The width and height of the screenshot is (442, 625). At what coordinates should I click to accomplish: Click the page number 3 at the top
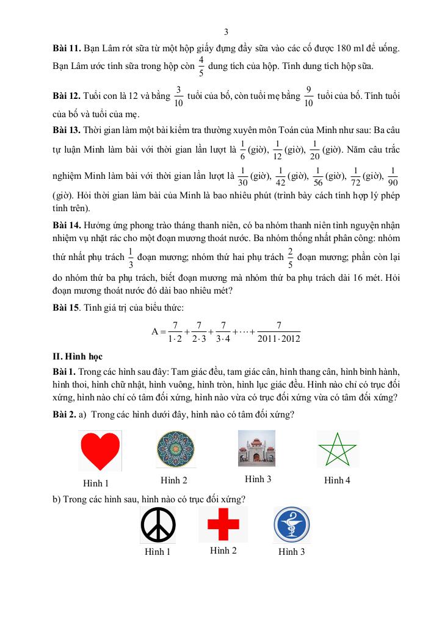coord(226,32)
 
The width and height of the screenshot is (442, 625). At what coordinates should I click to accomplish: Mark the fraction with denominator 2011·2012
coord(279,332)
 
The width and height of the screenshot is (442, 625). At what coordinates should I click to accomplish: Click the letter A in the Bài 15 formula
coord(155,332)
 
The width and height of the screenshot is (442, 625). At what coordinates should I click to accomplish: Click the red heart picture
coord(100,451)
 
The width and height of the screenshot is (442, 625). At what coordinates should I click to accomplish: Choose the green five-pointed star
coord(338,450)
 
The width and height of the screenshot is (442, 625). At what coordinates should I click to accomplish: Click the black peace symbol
coord(158,525)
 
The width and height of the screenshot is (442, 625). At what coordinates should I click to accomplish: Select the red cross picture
coord(223,524)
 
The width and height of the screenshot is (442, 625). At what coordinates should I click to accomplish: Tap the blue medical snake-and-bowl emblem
coord(291,526)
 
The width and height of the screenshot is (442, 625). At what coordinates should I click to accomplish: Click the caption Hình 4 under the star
coord(338,480)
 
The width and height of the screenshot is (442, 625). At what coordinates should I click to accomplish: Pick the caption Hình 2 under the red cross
coord(223,551)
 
